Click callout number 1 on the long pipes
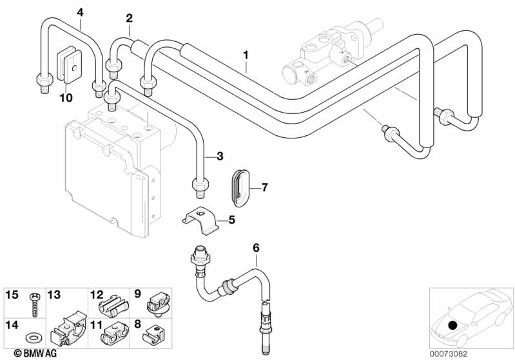(x=246, y=55)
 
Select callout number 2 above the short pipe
(x=130, y=18)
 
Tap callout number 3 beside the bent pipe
(x=220, y=156)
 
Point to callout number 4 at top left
(x=80, y=12)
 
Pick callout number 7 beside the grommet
(x=264, y=188)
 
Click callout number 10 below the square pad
(x=66, y=98)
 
